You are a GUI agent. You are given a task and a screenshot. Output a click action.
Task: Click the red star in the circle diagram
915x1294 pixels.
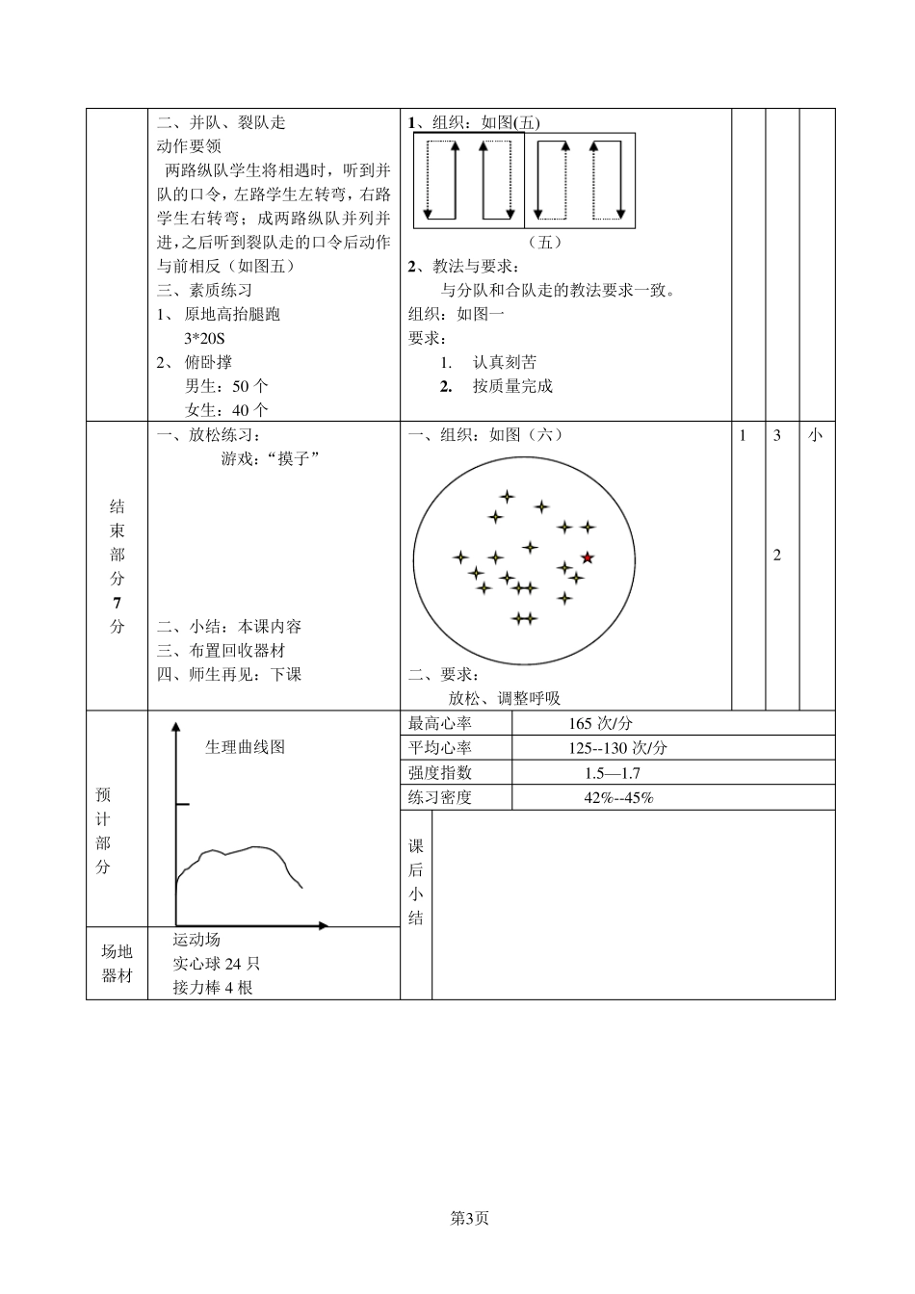588,557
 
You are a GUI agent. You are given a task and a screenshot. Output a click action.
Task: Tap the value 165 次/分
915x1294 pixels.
600,724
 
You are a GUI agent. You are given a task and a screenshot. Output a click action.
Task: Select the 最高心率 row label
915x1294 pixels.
440,724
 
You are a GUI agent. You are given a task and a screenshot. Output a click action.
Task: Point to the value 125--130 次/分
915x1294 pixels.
617,748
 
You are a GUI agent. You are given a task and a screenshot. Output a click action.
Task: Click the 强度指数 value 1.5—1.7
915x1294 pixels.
612,773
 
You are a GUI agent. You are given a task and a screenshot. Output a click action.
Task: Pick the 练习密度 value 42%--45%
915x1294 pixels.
618,797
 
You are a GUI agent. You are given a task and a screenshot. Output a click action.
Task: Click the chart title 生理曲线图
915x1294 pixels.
245,747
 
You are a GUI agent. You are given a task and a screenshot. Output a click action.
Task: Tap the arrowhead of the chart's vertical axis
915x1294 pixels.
175,728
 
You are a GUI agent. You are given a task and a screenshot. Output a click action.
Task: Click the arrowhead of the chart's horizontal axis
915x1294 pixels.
324,926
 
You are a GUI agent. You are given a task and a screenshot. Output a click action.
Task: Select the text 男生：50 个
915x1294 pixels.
226,386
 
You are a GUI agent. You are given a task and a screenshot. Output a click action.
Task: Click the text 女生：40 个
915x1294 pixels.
226,410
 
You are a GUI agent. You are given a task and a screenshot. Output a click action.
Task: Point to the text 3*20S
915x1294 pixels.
204,338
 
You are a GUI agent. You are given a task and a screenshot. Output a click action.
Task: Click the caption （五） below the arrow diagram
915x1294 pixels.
545,243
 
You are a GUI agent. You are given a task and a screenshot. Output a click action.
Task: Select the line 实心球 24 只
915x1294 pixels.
217,963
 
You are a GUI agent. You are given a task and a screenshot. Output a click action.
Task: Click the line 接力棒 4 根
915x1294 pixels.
213,987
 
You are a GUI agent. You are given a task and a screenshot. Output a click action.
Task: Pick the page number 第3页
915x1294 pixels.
470,1218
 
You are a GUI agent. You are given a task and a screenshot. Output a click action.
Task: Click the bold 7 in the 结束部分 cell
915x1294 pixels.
118,603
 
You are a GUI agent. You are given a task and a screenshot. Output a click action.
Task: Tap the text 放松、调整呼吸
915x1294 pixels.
504,699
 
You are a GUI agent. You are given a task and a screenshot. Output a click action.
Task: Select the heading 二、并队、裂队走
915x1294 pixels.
221,122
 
